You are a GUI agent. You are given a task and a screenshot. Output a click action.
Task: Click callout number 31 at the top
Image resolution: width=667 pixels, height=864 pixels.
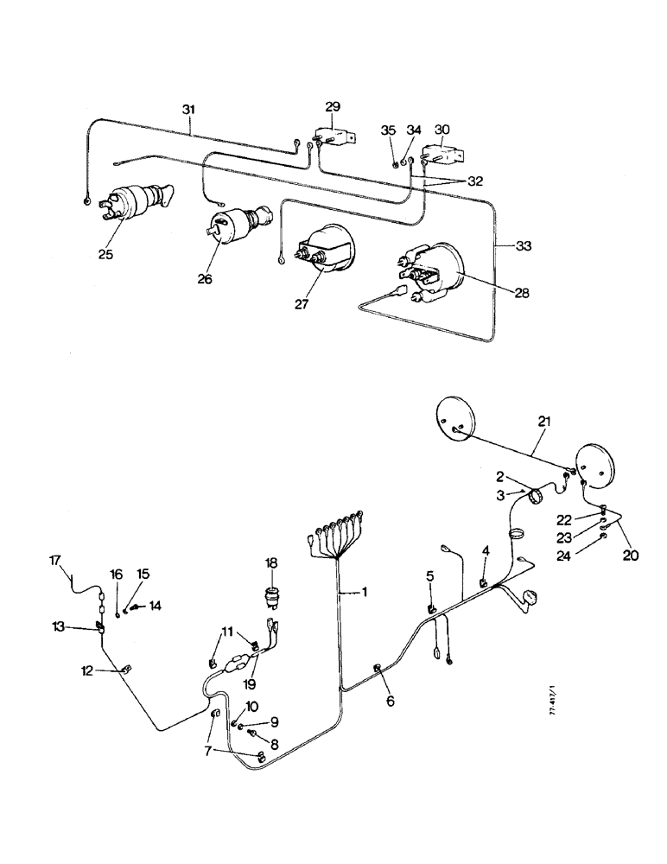(188, 110)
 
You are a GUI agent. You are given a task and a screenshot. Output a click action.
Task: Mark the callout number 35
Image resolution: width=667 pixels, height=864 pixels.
(389, 130)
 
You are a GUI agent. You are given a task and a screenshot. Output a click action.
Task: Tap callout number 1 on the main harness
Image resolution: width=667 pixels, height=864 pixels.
(365, 593)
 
